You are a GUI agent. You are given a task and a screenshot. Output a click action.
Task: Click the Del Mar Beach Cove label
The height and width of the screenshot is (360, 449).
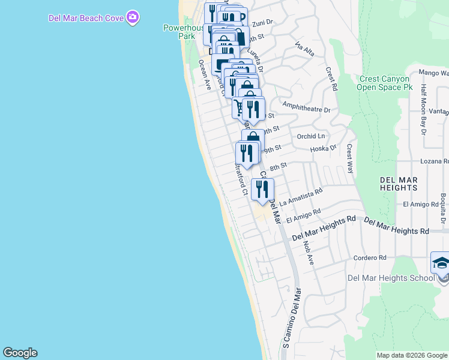(86, 17)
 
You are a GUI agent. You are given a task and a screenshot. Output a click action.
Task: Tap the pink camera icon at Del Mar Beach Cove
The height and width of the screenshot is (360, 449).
(133, 17)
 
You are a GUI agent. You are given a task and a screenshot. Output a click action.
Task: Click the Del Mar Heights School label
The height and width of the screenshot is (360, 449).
(391, 278)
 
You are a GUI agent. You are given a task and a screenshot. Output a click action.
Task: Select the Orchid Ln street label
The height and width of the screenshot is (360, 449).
(310, 136)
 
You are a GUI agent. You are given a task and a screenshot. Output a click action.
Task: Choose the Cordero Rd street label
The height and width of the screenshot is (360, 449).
(370, 258)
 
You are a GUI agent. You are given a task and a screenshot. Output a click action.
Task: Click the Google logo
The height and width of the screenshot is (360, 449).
(20, 353)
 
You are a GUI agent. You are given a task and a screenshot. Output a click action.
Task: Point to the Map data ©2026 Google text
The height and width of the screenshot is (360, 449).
(411, 355)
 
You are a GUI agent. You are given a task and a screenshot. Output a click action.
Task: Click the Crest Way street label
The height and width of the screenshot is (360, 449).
(350, 159)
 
